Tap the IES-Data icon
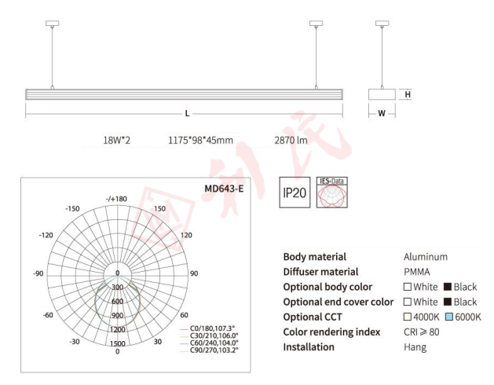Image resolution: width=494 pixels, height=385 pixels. (x=330, y=193)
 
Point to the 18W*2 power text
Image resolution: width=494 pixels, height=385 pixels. (x=116, y=141)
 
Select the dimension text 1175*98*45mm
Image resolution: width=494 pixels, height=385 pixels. (x=200, y=141)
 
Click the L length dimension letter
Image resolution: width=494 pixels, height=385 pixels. (x=187, y=114)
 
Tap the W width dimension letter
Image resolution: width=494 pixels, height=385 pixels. (x=382, y=114)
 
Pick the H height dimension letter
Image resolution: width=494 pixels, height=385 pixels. (x=408, y=94)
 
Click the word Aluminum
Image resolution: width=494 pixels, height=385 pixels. (x=425, y=257)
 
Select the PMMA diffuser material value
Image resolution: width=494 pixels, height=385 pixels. (x=416, y=272)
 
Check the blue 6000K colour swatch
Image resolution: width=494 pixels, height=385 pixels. (x=449, y=317)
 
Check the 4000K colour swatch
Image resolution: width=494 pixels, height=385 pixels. (x=408, y=317)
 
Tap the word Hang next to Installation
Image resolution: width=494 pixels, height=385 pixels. (x=415, y=346)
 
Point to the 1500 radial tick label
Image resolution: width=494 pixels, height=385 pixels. (x=117, y=343)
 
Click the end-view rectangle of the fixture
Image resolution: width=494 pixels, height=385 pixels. (x=382, y=94)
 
